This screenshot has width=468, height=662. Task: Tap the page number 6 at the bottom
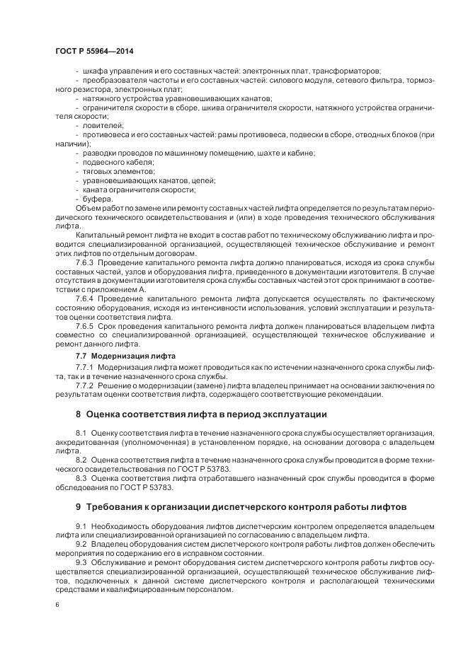click(57, 606)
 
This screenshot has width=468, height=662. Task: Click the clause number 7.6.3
click(84, 262)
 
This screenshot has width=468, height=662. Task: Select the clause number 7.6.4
click(84, 299)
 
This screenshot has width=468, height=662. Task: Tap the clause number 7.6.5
click(84, 327)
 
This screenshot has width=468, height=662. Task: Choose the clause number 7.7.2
click(84, 386)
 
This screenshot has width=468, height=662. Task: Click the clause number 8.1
click(81, 432)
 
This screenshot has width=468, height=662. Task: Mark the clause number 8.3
click(81, 478)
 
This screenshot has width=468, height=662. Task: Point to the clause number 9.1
click(81, 525)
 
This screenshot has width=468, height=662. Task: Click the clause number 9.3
click(81, 562)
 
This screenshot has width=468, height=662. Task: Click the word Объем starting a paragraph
click(89, 208)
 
